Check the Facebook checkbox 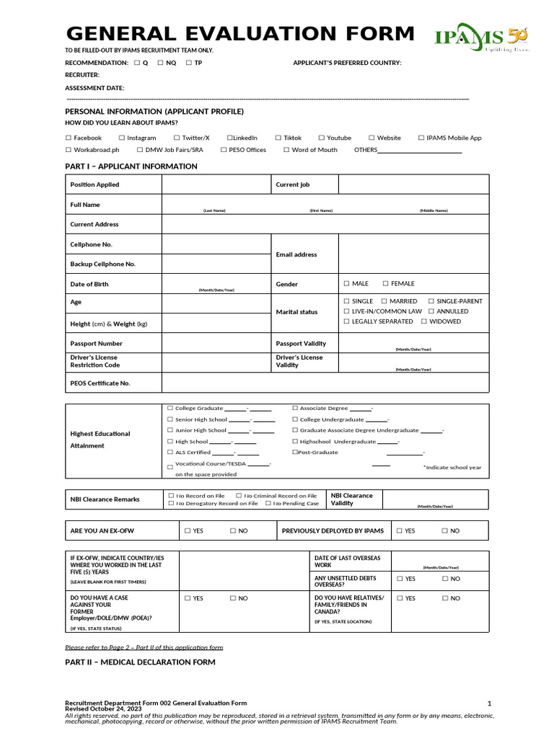click(69, 138)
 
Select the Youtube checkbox click(322, 138)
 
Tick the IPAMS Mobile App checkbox click(421, 138)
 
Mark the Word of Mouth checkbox click(286, 150)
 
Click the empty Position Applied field click(216, 184)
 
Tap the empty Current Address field click(325, 224)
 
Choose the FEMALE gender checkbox click(386, 284)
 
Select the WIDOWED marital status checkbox click(424, 321)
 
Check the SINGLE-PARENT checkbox click(431, 301)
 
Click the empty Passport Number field click(216, 343)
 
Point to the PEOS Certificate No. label click(100, 383)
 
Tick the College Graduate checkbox click(170, 408)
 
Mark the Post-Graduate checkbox click(295, 452)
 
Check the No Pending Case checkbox click(268, 504)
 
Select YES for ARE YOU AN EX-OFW click(188, 530)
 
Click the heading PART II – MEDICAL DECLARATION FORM click(140, 662)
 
